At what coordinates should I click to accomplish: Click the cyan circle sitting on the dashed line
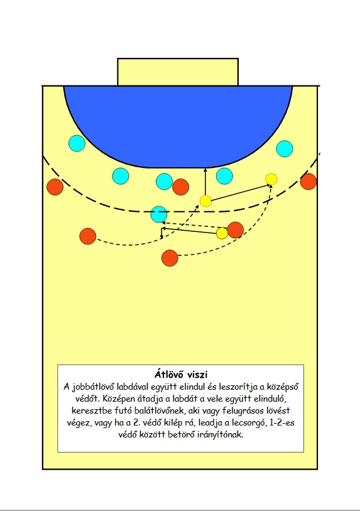click(x=159, y=214)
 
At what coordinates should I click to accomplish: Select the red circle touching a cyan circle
click(x=181, y=187)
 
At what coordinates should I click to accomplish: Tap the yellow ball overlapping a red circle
click(x=222, y=233)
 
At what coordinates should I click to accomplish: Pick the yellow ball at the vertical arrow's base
click(x=205, y=201)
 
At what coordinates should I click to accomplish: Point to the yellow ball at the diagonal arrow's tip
click(x=271, y=179)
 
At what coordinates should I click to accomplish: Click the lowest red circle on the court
click(x=170, y=258)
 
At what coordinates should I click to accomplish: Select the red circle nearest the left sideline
click(x=55, y=187)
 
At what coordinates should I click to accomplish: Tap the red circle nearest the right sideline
click(x=308, y=182)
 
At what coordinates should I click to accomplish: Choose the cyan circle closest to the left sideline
click(x=77, y=143)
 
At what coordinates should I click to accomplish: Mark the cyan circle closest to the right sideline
click(x=285, y=148)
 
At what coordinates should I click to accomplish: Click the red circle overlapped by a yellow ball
click(x=235, y=230)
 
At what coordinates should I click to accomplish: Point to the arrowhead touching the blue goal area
click(x=205, y=170)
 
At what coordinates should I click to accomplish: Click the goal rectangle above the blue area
click(x=178, y=72)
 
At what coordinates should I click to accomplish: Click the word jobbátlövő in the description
click(x=94, y=387)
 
